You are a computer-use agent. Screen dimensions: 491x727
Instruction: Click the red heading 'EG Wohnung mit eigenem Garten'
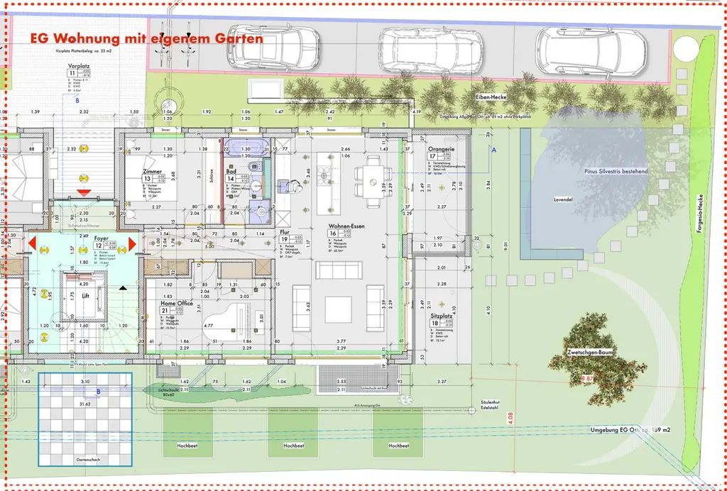pos(143,38)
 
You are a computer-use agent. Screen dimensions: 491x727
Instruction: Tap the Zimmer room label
pos(151,172)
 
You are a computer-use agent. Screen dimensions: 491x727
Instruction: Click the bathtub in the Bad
pos(245,147)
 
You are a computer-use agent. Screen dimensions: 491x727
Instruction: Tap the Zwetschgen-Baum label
pos(590,352)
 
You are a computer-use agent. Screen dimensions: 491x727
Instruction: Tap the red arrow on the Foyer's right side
pos(132,244)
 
